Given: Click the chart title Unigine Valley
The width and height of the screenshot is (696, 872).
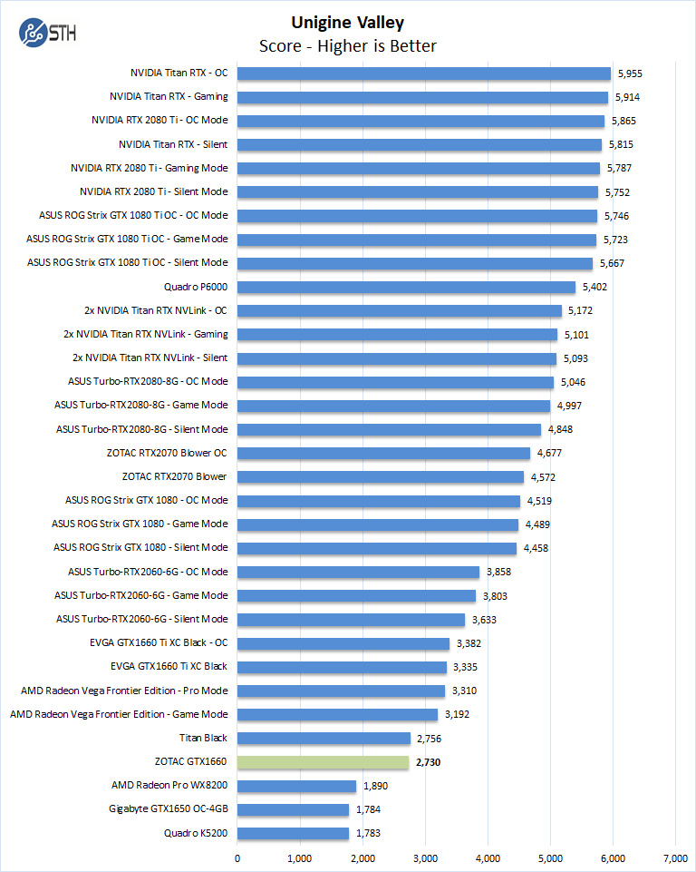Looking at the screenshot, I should click(x=348, y=23).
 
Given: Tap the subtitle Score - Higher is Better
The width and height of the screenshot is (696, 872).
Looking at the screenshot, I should click(x=348, y=46).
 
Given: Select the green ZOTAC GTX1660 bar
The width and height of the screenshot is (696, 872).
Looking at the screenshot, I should click(x=324, y=762).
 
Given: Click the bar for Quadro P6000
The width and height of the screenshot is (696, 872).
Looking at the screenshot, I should click(x=407, y=287).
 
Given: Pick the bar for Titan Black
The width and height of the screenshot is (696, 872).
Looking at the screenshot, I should click(x=324, y=738).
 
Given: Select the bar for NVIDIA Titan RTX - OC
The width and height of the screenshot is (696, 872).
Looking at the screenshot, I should click(x=424, y=73).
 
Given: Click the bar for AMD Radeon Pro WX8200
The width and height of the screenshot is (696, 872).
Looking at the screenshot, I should click(x=297, y=786).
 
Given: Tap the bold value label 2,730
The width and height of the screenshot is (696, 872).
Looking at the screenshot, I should click(x=430, y=762).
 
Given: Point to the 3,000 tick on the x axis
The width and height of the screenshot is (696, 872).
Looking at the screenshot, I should click(x=425, y=858).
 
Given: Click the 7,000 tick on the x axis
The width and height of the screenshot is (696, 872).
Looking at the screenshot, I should click(x=675, y=858).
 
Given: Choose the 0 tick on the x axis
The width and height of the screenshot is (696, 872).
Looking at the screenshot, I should click(x=237, y=858).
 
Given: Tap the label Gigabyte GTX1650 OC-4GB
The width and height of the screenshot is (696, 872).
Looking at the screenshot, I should click(x=169, y=809).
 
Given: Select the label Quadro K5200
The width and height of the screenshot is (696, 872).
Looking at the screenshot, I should click(x=195, y=833).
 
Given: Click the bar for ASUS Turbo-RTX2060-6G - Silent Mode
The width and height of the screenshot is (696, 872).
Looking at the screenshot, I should click(x=352, y=620).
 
